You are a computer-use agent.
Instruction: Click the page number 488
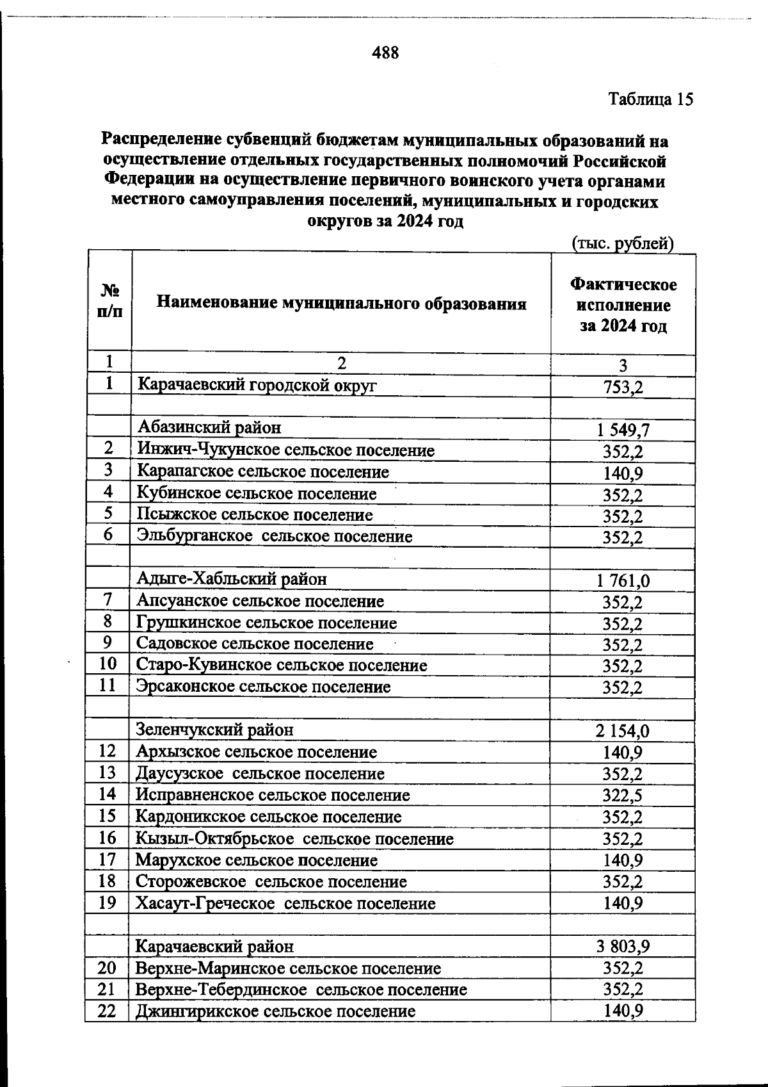[x=385, y=53]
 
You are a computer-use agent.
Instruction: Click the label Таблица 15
[x=650, y=99]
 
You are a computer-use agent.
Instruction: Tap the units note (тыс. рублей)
[x=622, y=243]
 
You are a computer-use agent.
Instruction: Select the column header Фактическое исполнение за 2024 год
[x=623, y=305]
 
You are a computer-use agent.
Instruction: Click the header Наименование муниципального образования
[x=342, y=303]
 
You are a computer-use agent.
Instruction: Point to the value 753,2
[x=623, y=388]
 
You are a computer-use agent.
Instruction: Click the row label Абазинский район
[x=209, y=427]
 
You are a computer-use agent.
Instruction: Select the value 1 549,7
[x=623, y=430]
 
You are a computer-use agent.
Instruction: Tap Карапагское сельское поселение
[x=263, y=472]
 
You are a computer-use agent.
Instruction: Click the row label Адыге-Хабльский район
[x=232, y=579]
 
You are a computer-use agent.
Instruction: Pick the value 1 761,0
[x=623, y=581]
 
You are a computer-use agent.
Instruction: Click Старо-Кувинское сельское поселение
[x=282, y=665]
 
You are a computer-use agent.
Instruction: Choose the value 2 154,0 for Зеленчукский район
[x=623, y=731]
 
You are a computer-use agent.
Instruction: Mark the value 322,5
[x=623, y=796]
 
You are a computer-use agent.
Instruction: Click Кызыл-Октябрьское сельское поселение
[x=294, y=838]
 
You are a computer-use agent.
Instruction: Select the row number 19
[x=108, y=903]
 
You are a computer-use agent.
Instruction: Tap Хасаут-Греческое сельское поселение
[x=285, y=904]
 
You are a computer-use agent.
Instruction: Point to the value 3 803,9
[x=623, y=946]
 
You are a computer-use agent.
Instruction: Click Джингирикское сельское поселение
[x=275, y=1011]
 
